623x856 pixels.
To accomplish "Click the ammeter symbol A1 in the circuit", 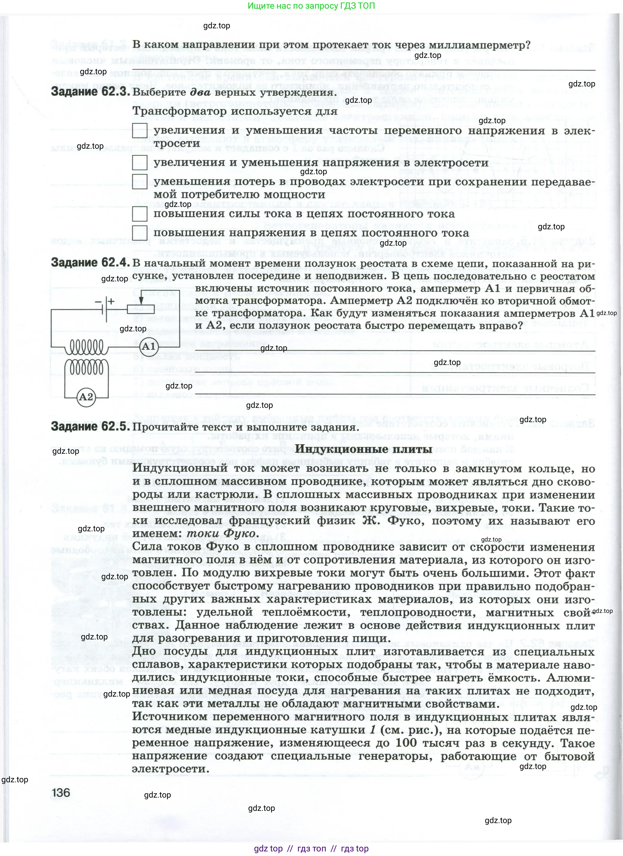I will click(148, 346).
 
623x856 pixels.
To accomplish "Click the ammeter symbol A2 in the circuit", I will click(86, 397).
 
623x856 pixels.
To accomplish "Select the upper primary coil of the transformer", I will click(86, 346).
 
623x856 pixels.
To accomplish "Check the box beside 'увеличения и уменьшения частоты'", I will click(139, 131).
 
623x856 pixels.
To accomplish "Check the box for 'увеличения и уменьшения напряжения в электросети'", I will click(139, 163).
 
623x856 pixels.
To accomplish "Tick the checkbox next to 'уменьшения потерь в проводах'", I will click(139, 182).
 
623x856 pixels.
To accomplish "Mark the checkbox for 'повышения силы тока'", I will click(139, 214).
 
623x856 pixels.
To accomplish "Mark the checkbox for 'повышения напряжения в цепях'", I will click(139, 233).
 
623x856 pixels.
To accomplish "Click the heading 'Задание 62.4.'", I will click(90, 263).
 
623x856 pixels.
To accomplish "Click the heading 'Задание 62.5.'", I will click(90, 426).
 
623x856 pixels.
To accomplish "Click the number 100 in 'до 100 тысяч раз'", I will click(406, 743).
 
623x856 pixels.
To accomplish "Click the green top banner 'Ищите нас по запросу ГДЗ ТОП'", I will click(311, 6).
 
